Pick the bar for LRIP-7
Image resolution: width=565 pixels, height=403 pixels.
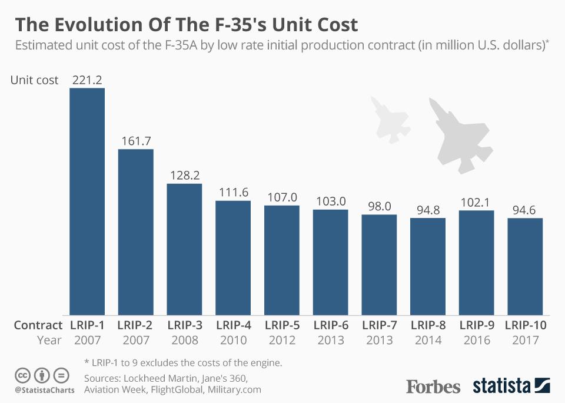(x=379, y=265)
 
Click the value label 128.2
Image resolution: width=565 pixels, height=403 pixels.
(x=184, y=176)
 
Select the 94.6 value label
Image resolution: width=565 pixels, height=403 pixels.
(x=525, y=210)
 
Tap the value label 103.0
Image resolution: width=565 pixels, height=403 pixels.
(x=330, y=201)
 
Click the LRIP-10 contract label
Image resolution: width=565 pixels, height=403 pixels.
(x=526, y=325)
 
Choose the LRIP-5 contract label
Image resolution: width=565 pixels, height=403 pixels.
(x=282, y=325)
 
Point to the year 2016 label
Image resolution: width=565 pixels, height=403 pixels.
(x=476, y=340)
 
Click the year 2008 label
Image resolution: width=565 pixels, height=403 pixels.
(x=184, y=340)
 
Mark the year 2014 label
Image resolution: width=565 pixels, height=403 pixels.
(x=428, y=340)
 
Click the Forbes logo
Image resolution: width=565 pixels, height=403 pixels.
(x=433, y=387)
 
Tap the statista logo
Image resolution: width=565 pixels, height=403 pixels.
(x=511, y=387)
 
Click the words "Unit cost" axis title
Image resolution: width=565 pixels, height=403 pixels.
(x=35, y=80)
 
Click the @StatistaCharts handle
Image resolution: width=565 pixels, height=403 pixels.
(x=41, y=389)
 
